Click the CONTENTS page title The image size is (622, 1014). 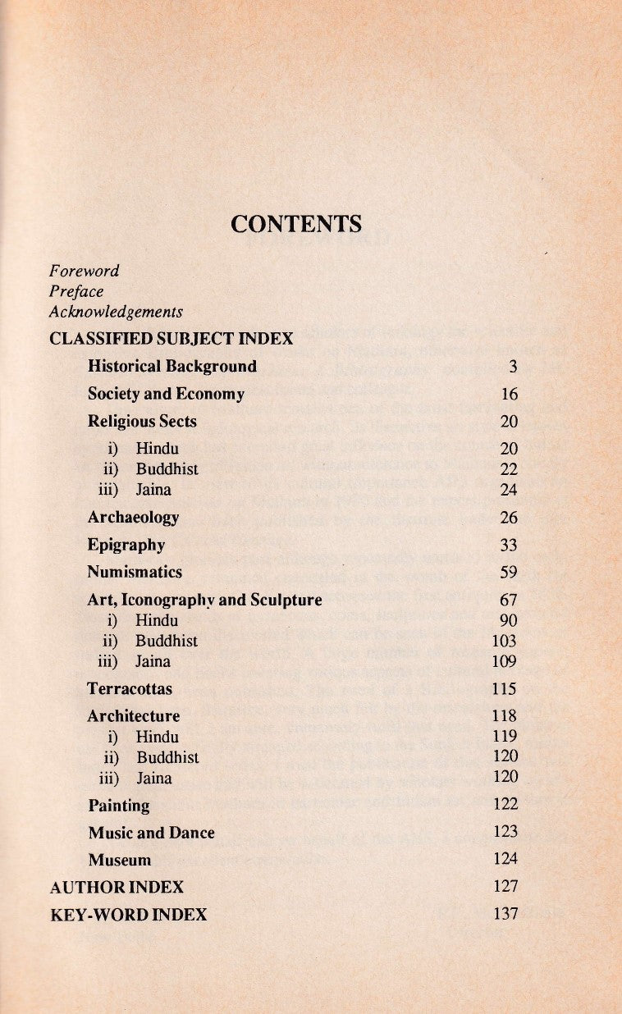click(x=296, y=224)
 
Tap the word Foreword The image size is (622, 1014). click(x=85, y=271)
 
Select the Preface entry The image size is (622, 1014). click(x=76, y=291)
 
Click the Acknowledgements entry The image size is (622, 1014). click(x=116, y=313)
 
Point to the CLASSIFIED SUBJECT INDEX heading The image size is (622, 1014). click(x=172, y=339)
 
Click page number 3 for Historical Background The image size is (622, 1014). click(x=513, y=367)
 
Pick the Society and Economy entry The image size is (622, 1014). click(x=166, y=395)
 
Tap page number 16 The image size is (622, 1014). click(x=510, y=395)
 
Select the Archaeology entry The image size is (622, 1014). click(x=133, y=518)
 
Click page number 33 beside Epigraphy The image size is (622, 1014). click(x=509, y=546)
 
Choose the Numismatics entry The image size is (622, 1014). click(x=135, y=573)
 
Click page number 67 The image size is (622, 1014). click(x=509, y=601)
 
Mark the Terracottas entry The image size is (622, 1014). click(x=130, y=689)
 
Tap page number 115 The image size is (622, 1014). click(x=505, y=689)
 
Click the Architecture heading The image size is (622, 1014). click(x=133, y=716)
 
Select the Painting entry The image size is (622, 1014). click(x=119, y=806)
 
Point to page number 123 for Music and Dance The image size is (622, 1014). click(x=505, y=832)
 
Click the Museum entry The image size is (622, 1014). click(x=120, y=861)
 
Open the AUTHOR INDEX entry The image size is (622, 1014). click(x=117, y=888)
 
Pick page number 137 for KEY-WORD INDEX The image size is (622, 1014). click(x=505, y=914)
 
